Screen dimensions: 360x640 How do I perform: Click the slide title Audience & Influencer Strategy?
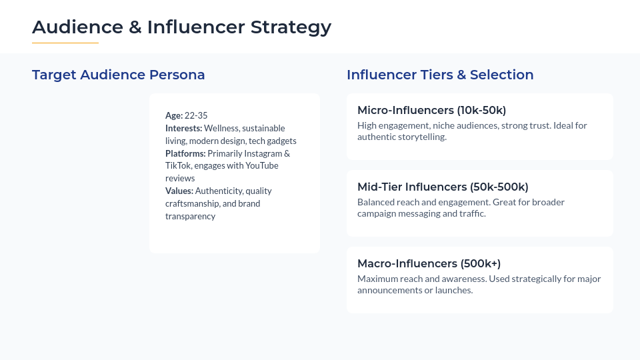181,27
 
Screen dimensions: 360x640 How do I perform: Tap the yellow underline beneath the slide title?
65,43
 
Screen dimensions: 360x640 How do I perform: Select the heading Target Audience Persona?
118,75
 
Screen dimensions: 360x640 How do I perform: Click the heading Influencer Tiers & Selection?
440,75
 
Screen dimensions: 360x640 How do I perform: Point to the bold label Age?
174,115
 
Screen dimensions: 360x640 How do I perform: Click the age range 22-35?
197,115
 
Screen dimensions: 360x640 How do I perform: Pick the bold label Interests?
183,128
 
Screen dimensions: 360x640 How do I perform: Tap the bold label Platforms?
185,153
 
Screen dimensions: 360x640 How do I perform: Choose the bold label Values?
179,191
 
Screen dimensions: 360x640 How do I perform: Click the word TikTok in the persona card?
178,166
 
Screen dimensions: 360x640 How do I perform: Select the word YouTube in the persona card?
262,166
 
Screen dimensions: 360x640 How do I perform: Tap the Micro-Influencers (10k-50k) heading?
431,110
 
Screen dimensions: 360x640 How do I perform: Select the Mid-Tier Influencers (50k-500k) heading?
443,187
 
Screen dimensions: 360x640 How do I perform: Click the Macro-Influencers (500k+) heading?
429,263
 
